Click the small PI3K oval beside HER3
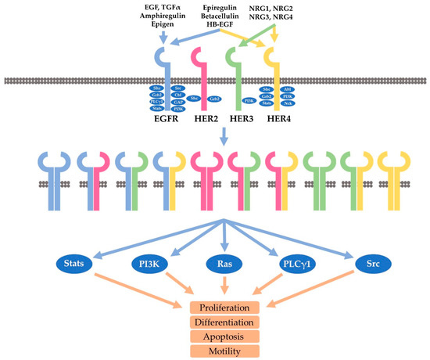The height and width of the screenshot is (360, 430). point(249,99)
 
